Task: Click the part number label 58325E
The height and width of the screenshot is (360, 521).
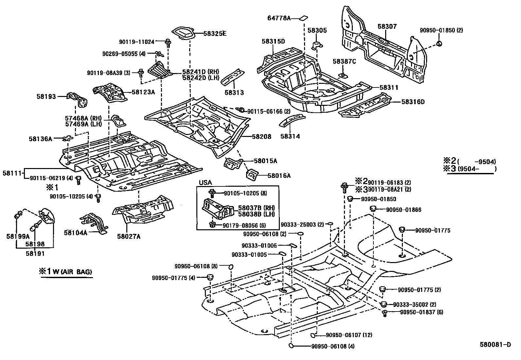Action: [x=215, y=33]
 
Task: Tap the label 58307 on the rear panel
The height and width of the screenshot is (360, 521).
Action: [x=387, y=26]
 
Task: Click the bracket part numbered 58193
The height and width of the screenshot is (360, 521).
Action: [x=78, y=98]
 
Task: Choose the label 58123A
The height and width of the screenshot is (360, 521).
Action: [x=143, y=92]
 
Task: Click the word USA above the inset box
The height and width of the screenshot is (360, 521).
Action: [x=205, y=182]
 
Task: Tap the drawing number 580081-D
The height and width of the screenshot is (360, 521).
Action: [x=495, y=344]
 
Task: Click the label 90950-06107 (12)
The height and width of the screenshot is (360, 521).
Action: [x=349, y=335]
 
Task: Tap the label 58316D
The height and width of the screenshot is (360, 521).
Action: [x=413, y=102]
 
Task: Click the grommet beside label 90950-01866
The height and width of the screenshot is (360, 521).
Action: [x=373, y=209]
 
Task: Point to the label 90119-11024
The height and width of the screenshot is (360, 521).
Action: [x=136, y=42]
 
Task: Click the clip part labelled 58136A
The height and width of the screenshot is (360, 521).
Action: [x=67, y=139]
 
